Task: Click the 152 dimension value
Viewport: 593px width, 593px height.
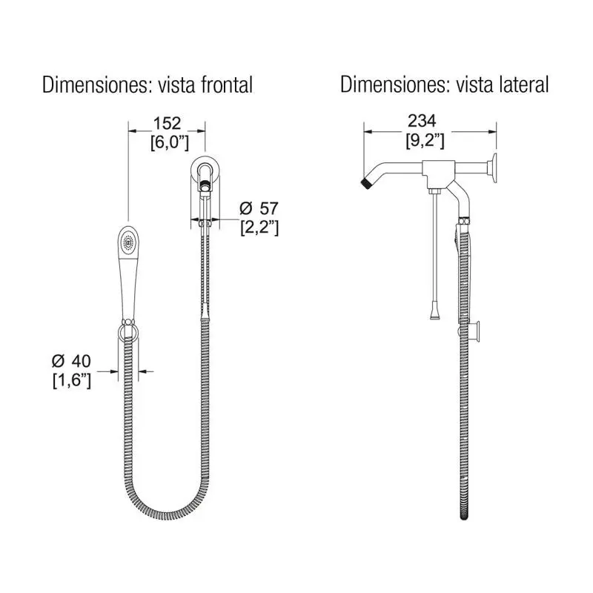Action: (x=168, y=123)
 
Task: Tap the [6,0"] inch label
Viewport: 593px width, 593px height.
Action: (x=170, y=142)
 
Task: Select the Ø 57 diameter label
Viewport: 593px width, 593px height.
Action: (x=259, y=208)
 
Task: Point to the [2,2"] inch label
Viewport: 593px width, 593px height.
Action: (x=260, y=228)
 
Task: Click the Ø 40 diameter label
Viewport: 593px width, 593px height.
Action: (x=71, y=361)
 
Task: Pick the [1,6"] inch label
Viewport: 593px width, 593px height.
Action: (x=72, y=380)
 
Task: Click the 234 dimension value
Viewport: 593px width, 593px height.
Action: (x=422, y=121)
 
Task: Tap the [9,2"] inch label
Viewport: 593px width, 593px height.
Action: (x=425, y=141)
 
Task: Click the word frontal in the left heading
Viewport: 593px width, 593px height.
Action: (x=227, y=85)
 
